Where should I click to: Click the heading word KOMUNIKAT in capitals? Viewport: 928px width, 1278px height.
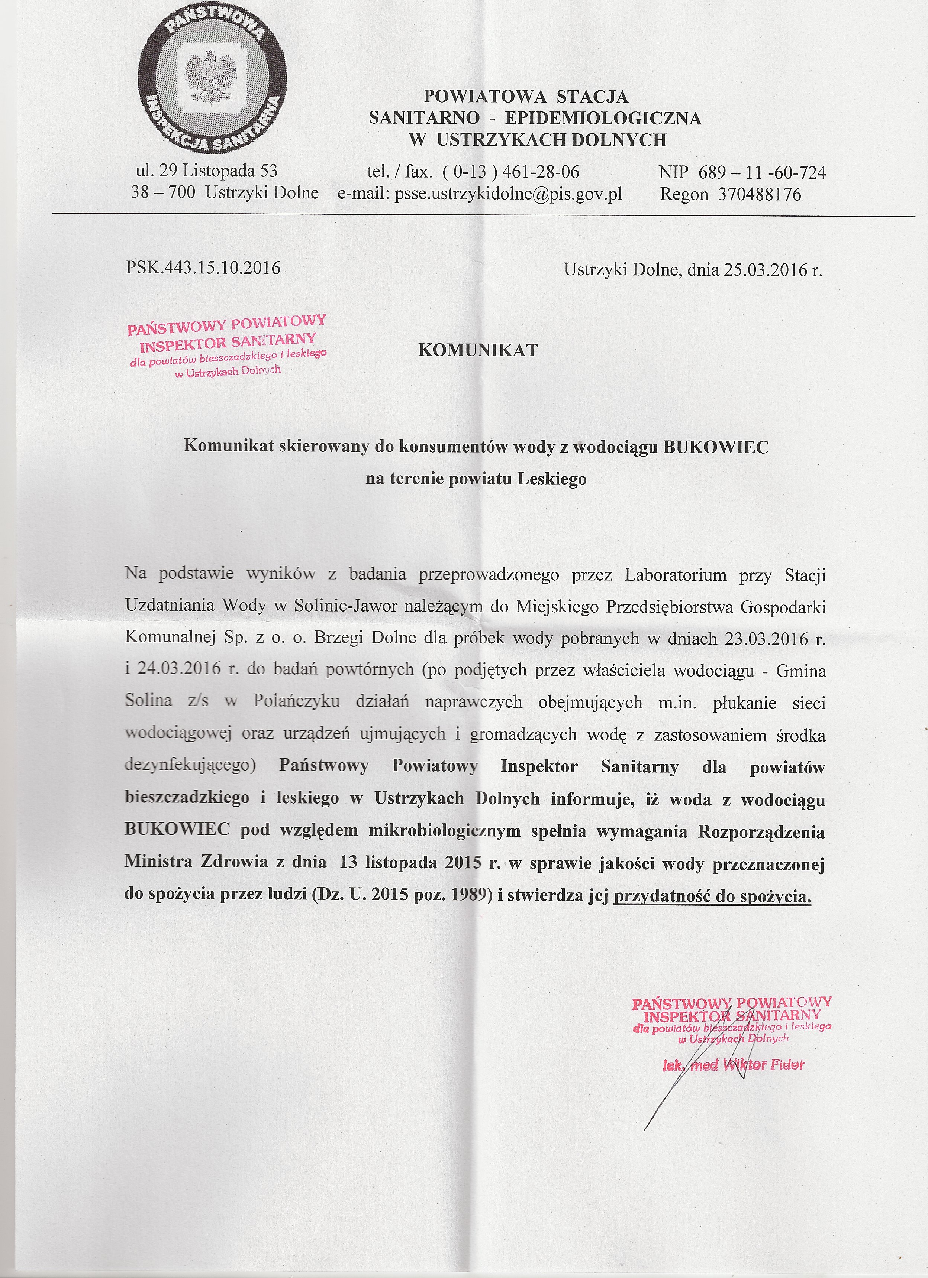(477, 350)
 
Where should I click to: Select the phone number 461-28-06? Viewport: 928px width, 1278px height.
(541, 171)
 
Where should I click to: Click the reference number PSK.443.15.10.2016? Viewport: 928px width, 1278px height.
(203, 267)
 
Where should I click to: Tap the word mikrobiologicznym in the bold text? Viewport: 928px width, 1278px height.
(445, 831)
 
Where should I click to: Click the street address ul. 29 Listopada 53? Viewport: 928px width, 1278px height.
(207, 170)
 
